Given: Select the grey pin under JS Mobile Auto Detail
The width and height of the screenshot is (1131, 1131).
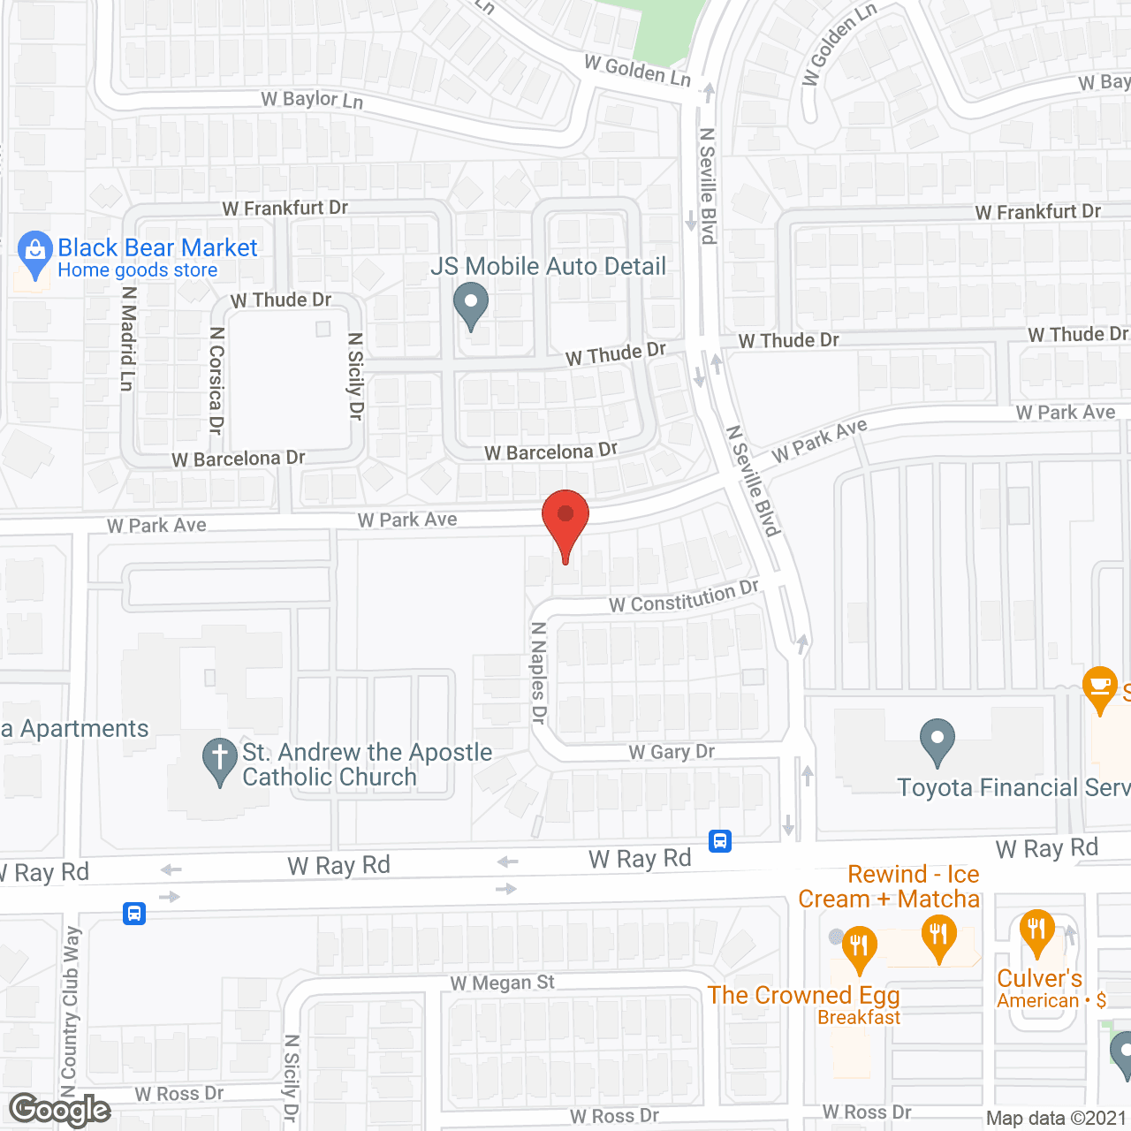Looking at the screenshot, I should point(471,304).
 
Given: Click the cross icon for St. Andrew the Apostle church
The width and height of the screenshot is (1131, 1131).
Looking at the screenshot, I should point(220,760).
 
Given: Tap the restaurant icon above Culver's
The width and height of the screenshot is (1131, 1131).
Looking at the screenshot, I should point(1036,931).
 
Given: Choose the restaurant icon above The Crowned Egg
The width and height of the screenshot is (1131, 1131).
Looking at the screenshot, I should point(858,947).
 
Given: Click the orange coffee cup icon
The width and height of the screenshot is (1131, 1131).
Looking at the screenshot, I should point(1099,687).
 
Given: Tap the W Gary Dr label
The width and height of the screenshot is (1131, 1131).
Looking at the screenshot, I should point(672,752).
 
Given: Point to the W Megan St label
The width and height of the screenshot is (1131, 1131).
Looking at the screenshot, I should point(502,983).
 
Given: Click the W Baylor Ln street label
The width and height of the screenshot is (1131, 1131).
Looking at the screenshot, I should point(312,100).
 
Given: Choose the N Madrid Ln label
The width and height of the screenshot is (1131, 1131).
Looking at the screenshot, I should point(129,338).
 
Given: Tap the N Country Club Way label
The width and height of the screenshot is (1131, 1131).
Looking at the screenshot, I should point(71,1002).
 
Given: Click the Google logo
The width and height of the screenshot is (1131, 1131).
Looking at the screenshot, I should point(60,1110).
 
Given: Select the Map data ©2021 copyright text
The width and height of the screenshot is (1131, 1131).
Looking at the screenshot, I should point(1057,1119).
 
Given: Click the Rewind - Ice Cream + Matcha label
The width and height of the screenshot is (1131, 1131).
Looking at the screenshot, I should point(889,886).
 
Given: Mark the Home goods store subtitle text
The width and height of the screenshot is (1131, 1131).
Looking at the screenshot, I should point(137,270).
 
